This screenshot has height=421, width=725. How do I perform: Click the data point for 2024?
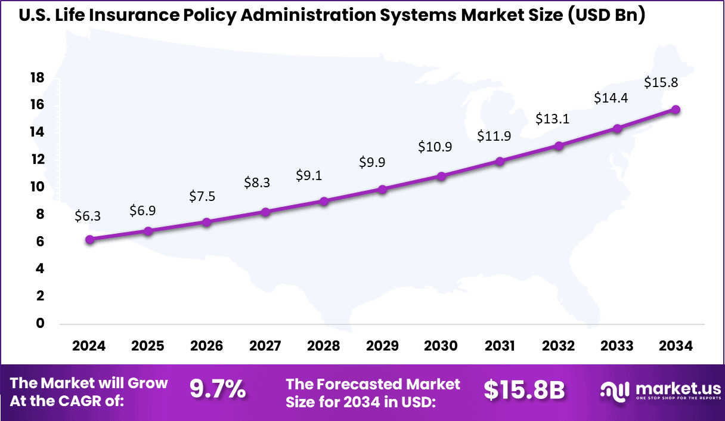[x=89, y=239]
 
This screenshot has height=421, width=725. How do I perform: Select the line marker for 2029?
[x=383, y=190]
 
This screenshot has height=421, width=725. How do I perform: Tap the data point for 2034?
[x=676, y=110]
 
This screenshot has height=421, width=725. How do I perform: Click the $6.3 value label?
[x=88, y=216]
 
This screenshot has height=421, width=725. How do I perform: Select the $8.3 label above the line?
[x=257, y=182]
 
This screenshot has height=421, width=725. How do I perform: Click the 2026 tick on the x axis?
[x=206, y=346]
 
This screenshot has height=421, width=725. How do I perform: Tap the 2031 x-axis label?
[x=500, y=346]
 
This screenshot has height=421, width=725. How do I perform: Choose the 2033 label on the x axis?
[x=617, y=346]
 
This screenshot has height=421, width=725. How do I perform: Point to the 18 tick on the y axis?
[x=37, y=78]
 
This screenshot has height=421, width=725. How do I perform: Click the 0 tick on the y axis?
[x=41, y=323]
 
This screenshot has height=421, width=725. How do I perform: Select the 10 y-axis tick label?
[x=37, y=187]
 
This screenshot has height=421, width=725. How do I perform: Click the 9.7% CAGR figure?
[x=218, y=390]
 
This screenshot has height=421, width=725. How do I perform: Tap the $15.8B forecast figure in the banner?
[x=524, y=390]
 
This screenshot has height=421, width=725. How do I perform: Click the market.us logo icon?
[x=615, y=391]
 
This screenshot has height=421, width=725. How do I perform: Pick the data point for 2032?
[x=559, y=146]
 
